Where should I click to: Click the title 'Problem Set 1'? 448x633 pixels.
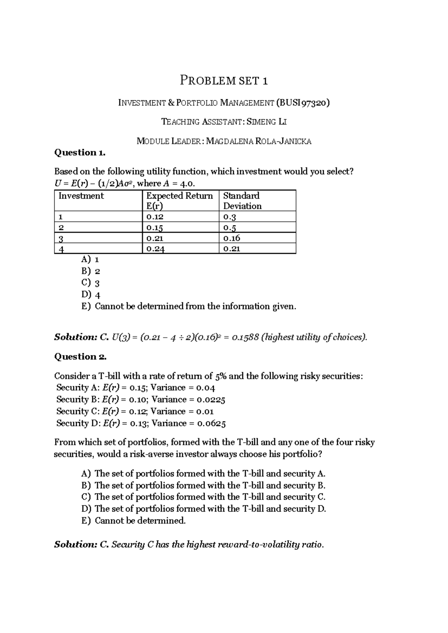coord(224,80)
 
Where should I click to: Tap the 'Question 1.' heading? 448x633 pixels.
coord(80,152)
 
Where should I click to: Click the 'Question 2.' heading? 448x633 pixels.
coord(80,356)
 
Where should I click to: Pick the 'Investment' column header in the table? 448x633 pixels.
coord(81,196)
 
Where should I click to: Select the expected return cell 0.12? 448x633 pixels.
coord(155,217)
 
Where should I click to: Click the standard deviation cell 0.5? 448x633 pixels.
coord(230,228)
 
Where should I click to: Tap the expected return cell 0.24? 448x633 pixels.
coord(155,249)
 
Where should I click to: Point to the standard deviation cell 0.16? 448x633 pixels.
coord(231,238)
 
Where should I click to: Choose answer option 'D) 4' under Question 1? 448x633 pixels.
coord(91,295)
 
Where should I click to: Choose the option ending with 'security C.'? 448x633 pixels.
coord(203,497)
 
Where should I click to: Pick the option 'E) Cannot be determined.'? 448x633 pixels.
coord(134,521)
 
